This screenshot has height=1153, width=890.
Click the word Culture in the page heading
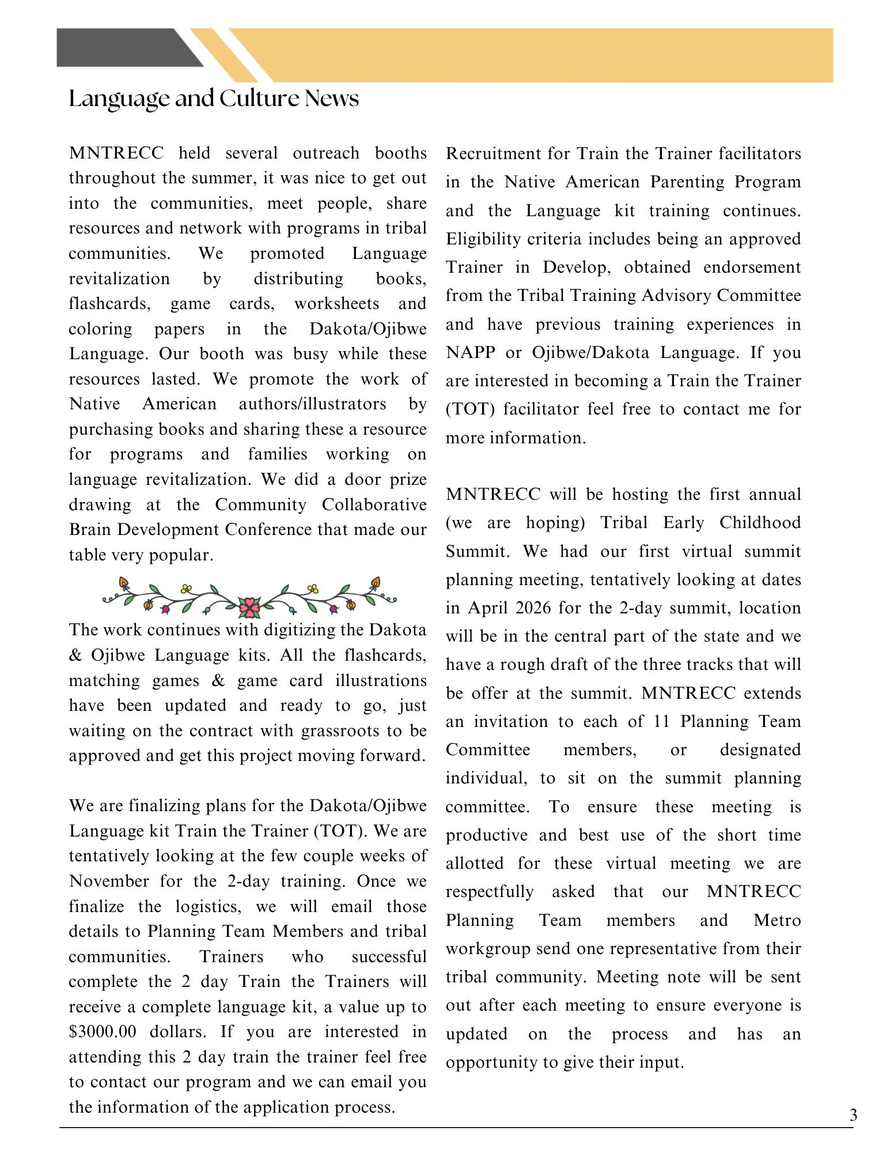260,99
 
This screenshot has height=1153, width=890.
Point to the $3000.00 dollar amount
103,1032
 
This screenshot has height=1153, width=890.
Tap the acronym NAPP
471,353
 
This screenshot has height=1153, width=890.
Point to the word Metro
777,920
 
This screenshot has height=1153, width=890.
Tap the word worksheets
337,304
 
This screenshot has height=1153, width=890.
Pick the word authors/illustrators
312,404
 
